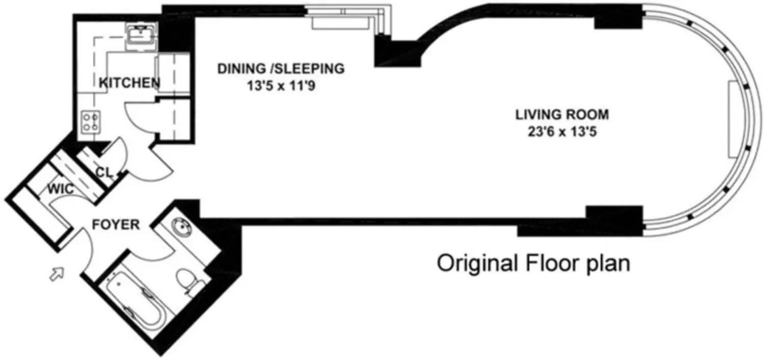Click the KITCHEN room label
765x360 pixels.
tap(130, 83)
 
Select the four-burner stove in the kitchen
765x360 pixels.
tap(91, 122)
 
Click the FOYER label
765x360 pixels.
tap(116, 225)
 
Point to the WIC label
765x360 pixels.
tap(61, 189)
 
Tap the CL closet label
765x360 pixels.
tap(104, 172)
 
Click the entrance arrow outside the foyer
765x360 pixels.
tap(57, 274)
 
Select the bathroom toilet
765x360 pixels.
tap(189, 281)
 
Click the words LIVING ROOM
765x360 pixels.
tap(562, 115)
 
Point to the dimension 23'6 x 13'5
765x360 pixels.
tap(562, 132)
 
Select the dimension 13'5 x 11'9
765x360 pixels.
tap(281, 86)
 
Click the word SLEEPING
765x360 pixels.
tap(309, 69)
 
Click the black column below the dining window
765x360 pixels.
tap(398, 53)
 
